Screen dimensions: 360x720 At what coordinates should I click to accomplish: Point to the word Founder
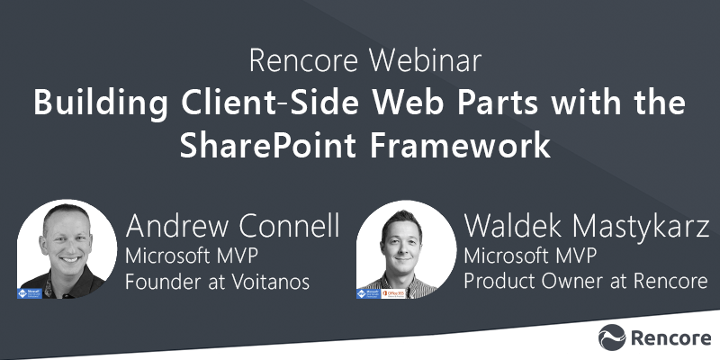156,282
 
